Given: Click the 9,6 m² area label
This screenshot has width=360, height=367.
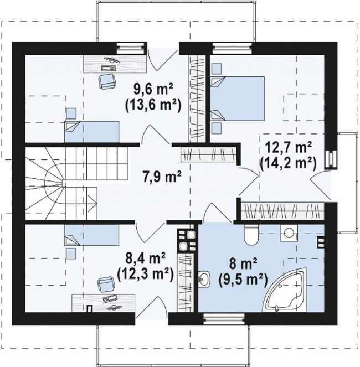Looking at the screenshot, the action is [x=153, y=90].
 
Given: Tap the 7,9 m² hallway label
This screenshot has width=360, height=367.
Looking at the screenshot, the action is [x=162, y=177].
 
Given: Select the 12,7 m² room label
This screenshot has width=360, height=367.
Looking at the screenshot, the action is [x=288, y=147].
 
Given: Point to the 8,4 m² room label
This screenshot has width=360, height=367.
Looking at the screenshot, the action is [x=146, y=259].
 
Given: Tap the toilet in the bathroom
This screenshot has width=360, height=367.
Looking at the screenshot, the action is [x=251, y=235].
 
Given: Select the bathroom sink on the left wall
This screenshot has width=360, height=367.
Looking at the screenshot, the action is [x=204, y=279].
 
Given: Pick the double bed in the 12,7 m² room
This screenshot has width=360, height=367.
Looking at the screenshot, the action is [x=238, y=99].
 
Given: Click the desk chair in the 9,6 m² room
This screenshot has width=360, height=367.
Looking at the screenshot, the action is [x=107, y=81].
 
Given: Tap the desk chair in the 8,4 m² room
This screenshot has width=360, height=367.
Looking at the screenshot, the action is [x=106, y=285].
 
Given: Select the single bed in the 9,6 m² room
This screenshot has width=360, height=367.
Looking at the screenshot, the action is [x=91, y=132].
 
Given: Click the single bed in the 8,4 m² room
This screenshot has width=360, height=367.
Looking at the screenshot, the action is [x=91, y=235].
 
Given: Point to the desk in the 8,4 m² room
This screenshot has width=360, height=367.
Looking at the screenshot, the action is [x=103, y=303].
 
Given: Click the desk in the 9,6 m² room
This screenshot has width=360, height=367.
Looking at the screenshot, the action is [x=115, y=64].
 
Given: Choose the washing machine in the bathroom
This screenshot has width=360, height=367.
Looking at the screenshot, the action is [x=289, y=233].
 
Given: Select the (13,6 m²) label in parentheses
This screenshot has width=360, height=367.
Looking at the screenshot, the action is [x=153, y=105].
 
